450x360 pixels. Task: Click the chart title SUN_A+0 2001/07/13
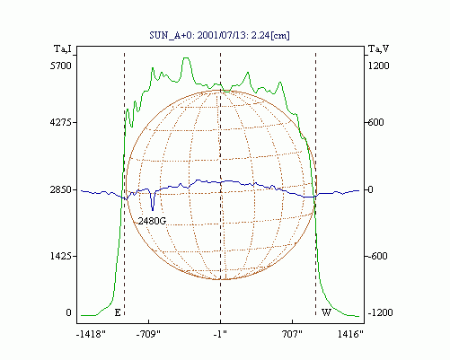(x=219, y=35)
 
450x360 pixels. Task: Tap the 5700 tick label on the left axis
(x=61, y=66)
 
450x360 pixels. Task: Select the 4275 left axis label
(x=61, y=122)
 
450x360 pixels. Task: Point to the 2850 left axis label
(x=61, y=189)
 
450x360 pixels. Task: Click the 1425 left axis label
(x=61, y=256)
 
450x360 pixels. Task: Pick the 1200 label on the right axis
(x=379, y=66)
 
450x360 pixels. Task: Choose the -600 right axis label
(x=377, y=256)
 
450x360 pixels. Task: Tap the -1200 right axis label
(x=380, y=312)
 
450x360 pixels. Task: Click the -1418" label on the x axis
(x=91, y=334)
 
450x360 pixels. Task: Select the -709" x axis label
(x=148, y=334)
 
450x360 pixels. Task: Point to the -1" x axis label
(x=220, y=334)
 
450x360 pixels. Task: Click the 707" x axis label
(x=292, y=334)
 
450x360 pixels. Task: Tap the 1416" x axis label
(x=350, y=334)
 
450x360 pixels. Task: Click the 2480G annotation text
(x=152, y=221)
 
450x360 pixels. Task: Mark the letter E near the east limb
(x=118, y=312)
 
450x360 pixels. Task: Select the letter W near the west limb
(x=326, y=312)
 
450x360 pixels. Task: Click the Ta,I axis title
(x=63, y=48)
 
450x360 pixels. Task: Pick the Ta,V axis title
(x=378, y=48)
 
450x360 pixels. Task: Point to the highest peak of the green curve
(x=186, y=58)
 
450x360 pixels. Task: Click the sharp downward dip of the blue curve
(x=153, y=209)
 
